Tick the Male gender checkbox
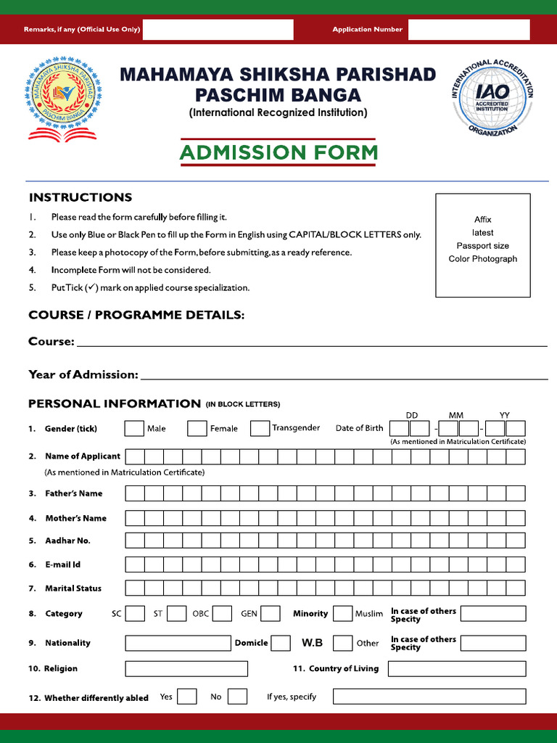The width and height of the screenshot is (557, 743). tap(134, 429)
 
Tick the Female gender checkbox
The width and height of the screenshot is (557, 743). tap(197, 429)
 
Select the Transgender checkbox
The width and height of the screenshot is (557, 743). tap(260, 429)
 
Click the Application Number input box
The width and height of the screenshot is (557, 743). tap(469, 30)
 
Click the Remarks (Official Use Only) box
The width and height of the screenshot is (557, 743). tap(218, 30)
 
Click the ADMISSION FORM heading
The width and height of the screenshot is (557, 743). tap(278, 153)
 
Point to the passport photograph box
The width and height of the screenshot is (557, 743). tap(482, 245)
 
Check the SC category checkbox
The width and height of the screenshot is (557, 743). tap(135, 614)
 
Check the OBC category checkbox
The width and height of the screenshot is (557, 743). tap(222, 614)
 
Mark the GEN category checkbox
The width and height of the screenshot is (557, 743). tap(271, 614)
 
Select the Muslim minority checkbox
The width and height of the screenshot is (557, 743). tap(342, 614)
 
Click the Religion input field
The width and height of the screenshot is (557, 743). tap(186, 669)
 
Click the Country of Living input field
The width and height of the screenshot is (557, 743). tap(456, 669)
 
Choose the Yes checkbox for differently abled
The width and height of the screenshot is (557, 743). tap(187, 697)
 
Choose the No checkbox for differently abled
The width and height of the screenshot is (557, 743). tap(237, 697)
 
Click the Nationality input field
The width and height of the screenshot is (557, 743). tap(178, 644)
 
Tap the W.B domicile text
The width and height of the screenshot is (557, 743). tap(312, 644)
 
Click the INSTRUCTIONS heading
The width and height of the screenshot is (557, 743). tap(80, 197)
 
